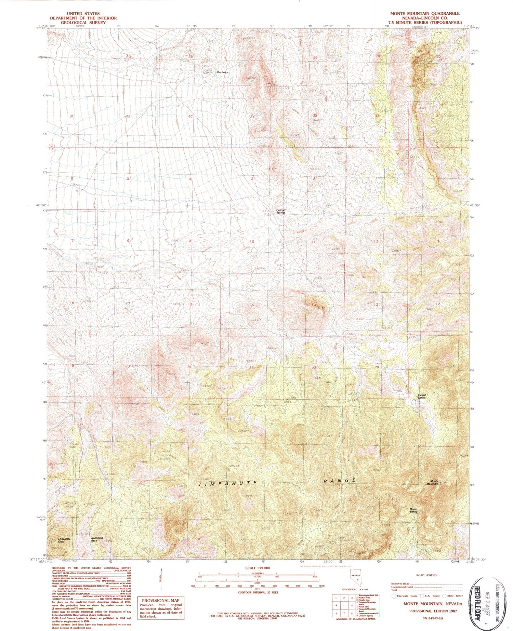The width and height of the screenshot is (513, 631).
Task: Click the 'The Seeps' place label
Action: point(222,72)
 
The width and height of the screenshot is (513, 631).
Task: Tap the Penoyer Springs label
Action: point(281,211)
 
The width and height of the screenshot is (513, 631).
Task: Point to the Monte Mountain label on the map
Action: point(432,482)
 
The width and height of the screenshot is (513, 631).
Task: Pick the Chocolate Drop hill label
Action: point(64,540)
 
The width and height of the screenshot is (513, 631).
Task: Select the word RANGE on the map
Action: point(340,481)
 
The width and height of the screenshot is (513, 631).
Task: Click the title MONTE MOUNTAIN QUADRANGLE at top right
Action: point(425,13)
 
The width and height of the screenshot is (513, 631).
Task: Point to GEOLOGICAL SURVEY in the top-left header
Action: point(83,23)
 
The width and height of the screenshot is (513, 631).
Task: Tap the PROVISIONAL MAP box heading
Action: point(160,601)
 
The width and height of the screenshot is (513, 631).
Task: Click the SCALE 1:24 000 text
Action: point(257,568)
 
